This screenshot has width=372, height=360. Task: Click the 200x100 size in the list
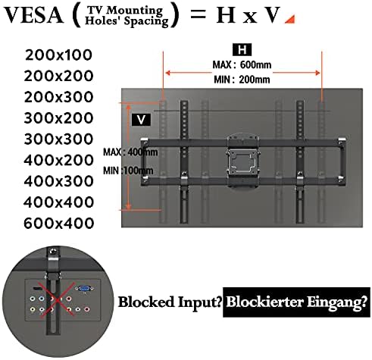point(58,55)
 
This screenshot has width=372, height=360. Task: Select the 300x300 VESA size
point(58,139)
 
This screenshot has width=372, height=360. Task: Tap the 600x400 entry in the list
point(58,224)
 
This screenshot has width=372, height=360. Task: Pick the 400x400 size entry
point(58,202)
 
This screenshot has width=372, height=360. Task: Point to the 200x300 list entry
point(58,97)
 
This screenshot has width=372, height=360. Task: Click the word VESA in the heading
point(33,15)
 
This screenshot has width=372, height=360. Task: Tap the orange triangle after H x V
point(291,20)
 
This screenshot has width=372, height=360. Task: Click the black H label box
point(242,49)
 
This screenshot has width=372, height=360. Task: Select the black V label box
point(142,120)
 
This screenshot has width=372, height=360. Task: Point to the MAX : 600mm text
point(242,64)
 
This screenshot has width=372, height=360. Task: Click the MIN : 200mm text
point(242,80)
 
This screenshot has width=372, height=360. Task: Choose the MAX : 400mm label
point(130,152)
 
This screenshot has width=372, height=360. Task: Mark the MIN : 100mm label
point(128,171)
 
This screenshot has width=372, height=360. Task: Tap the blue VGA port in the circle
point(85,289)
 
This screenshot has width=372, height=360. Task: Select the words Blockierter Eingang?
point(296,302)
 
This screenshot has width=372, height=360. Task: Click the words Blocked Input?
point(170,302)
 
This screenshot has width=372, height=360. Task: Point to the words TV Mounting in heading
point(125,10)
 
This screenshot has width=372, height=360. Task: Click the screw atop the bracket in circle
point(53,252)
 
